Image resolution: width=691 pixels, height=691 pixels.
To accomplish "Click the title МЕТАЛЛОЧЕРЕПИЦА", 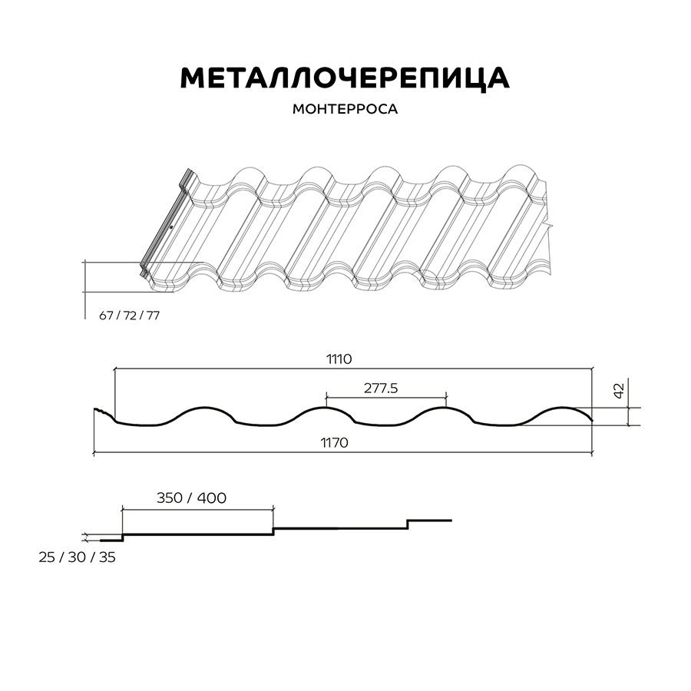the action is (x=345, y=79).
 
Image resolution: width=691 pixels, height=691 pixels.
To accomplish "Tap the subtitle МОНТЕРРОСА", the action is (x=345, y=109).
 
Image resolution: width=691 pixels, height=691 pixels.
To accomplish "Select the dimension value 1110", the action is (x=339, y=359).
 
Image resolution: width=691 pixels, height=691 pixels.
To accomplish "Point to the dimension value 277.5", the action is (x=381, y=388).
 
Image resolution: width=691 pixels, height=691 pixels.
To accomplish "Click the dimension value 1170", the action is (x=334, y=442).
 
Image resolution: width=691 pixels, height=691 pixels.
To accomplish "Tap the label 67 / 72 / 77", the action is (x=129, y=316).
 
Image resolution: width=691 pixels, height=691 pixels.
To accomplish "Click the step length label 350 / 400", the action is (x=191, y=498).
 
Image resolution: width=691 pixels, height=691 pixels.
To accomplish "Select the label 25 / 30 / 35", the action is (x=77, y=557).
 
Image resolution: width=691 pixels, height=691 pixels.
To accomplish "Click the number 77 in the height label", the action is (x=153, y=316).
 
